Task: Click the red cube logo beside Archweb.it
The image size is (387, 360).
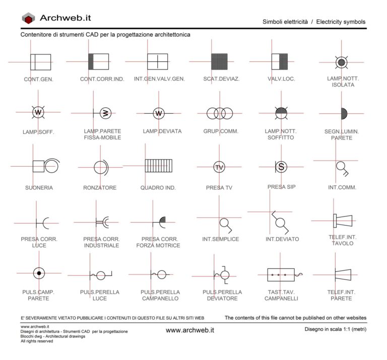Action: (x=28, y=18)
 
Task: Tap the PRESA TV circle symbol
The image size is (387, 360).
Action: (x=219, y=167)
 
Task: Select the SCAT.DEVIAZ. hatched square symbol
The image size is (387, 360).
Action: (x=219, y=61)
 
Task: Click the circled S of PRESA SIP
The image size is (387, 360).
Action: (x=281, y=167)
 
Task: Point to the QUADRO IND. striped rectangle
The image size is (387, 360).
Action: (x=158, y=166)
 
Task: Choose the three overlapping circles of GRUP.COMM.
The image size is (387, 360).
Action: (x=220, y=113)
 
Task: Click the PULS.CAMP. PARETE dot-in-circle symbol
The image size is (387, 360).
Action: (x=39, y=273)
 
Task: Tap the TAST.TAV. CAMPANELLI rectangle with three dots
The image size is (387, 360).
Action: (x=281, y=275)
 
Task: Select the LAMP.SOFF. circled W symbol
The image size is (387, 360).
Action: (x=38, y=112)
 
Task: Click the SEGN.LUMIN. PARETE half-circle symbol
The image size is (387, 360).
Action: (x=344, y=114)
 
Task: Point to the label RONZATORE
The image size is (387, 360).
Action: (x=100, y=188)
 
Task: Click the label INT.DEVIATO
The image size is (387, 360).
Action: (x=282, y=239)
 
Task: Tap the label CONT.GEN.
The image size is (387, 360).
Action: (x=38, y=80)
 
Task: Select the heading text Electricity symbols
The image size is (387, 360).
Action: (x=341, y=22)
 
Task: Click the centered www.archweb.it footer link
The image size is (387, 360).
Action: (x=190, y=330)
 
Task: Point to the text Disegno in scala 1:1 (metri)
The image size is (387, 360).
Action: (x=336, y=329)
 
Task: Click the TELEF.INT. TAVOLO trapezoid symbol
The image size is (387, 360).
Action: (x=343, y=221)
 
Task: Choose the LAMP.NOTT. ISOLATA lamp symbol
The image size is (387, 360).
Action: (x=341, y=62)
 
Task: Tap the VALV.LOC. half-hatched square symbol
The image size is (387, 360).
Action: (x=280, y=61)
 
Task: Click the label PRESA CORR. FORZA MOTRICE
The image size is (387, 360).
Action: (x=158, y=242)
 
